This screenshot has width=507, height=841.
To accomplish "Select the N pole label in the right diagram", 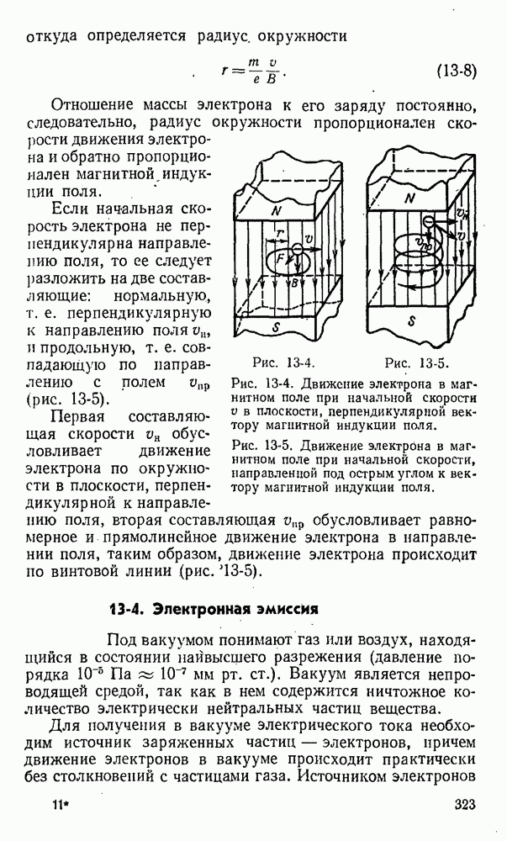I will [x=410, y=198].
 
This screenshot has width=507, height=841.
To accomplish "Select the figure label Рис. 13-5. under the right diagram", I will [x=416, y=363].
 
